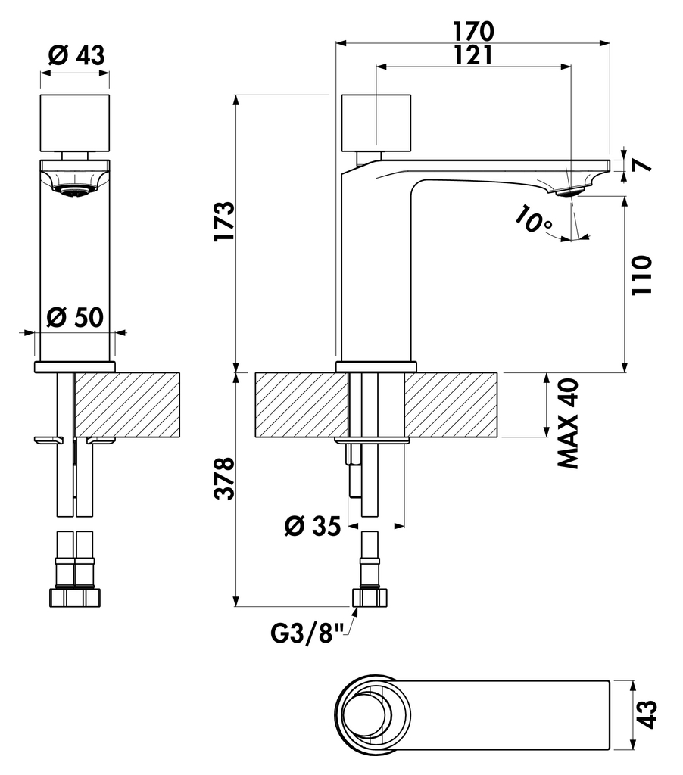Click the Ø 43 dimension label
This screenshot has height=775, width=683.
[x=75, y=54]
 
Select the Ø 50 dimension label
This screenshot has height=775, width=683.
[x=73, y=317]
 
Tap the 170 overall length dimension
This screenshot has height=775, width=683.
[x=474, y=31]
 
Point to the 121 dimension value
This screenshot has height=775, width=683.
[x=474, y=54]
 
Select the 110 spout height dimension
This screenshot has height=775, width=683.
[x=641, y=276]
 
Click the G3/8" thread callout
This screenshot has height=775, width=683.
[x=308, y=630]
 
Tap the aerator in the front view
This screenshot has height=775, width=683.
[x=74, y=191]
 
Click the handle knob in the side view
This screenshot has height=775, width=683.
[x=376, y=123]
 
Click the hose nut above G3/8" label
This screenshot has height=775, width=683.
[x=370, y=597]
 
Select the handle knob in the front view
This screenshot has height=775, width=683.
[x=74, y=123]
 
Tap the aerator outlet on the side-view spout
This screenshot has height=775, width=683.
[x=569, y=192]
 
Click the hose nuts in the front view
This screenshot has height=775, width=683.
[x=74, y=597]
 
